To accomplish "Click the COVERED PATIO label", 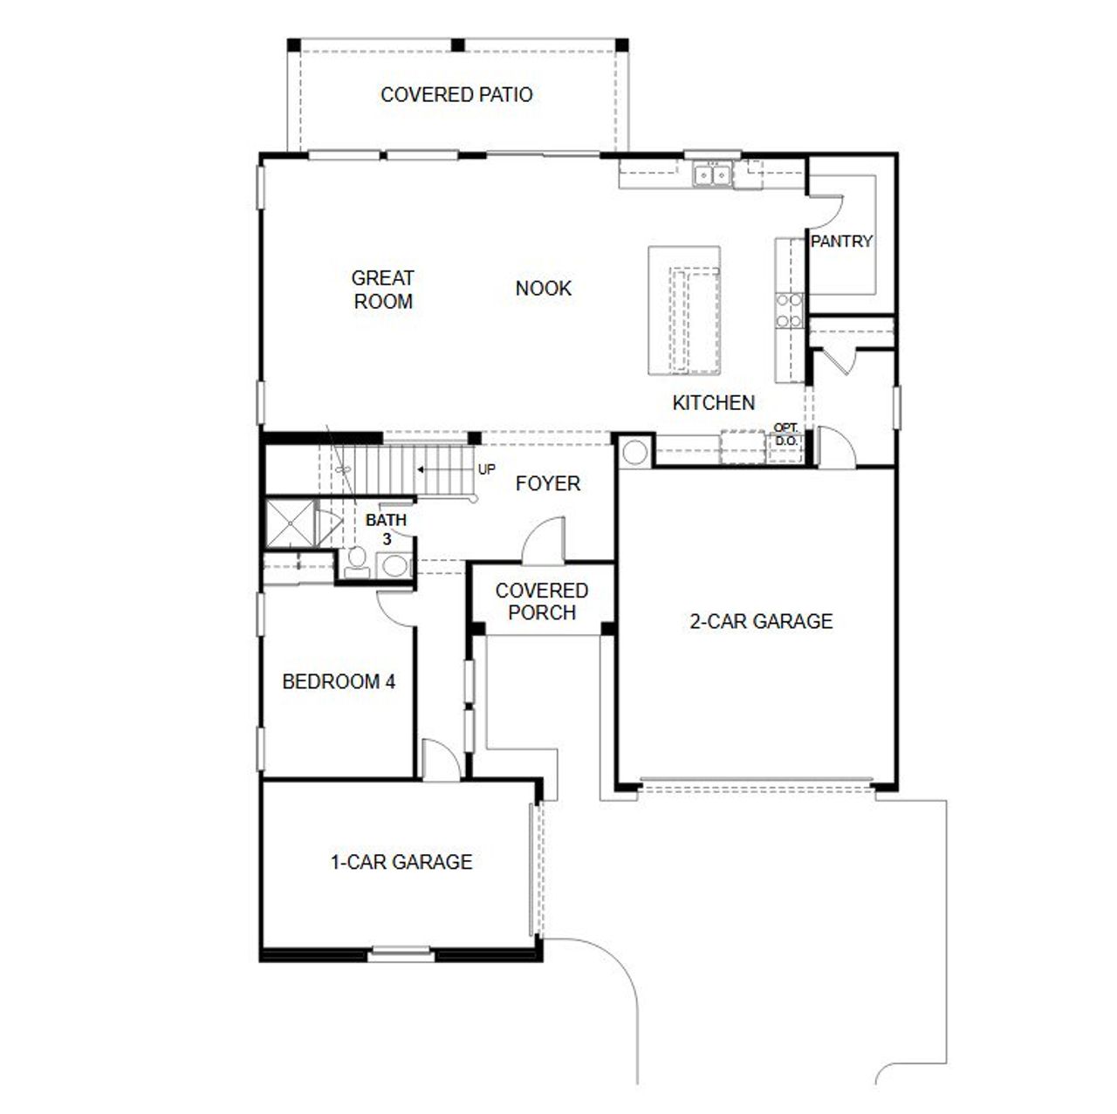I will [456, 94].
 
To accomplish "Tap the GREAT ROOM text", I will [382, 290].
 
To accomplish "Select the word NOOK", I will [543, 288].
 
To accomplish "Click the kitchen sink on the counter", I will [712, 175].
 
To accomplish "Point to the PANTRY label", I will [841, 242].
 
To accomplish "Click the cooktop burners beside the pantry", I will [790, 311].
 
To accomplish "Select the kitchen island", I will [684, 311].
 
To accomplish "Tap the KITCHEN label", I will [713, 402].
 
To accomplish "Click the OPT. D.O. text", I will [785, 434].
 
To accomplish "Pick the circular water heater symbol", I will [634, 452].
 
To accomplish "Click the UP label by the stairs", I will [486, 469].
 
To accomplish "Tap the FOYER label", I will [547, 483].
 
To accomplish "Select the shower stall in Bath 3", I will [290, 523].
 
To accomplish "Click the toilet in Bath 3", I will [355, 563].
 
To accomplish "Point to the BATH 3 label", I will [386, 529].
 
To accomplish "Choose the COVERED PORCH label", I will [541, 601].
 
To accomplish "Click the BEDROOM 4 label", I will [339, 681].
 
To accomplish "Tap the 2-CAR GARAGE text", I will [761, 621].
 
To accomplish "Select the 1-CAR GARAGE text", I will [401, 862].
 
